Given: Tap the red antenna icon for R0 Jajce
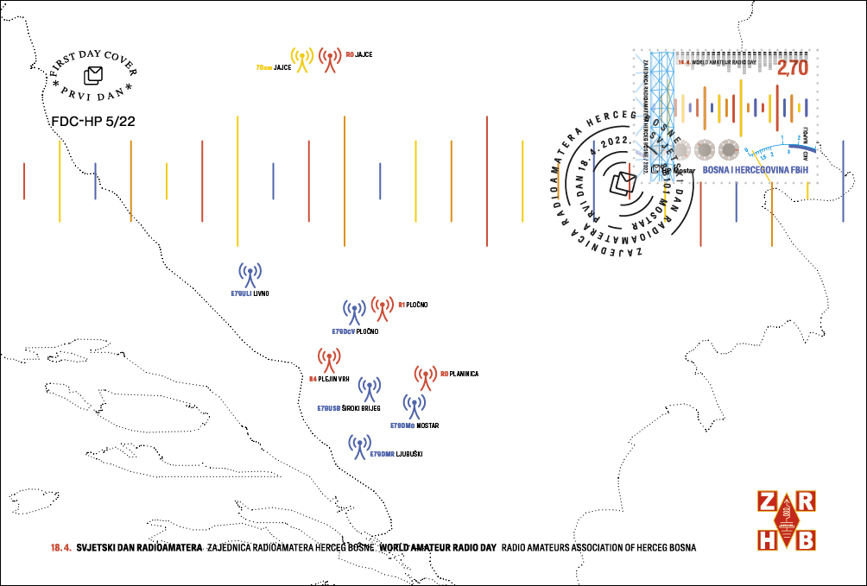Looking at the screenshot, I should click(329, 60).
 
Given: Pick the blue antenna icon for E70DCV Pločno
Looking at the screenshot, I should click(354, 313).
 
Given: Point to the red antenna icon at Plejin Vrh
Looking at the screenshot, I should click(328, 361).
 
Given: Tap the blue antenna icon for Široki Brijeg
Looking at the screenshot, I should click(370, 390).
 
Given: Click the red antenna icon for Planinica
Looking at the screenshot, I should click(425, 378).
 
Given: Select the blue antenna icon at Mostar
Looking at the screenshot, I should click(415, 406).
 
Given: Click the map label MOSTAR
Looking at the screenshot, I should click(427, 425).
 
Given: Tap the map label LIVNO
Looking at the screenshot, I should click(262, 293).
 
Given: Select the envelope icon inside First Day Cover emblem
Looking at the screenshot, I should click(93, 75).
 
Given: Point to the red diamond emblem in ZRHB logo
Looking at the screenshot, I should click(786, 520).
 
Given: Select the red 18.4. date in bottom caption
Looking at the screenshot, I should click(61, 547).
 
